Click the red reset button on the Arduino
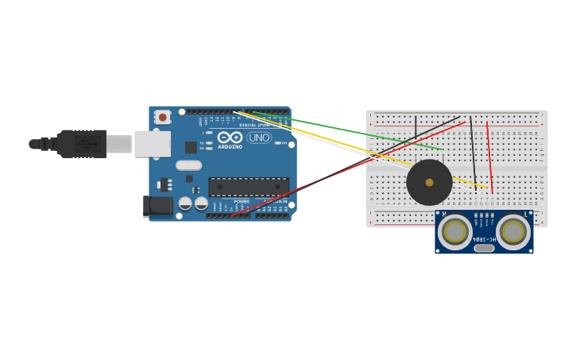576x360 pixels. [163, 117]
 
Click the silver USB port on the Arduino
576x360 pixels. [153, 144]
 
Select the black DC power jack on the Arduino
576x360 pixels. [157, 206]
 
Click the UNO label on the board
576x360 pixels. [259, 137]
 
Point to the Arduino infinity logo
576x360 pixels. [230, 137]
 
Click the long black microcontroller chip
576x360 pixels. [248, 187]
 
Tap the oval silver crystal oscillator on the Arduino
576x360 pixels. [188, 165]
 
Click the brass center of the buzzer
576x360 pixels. [429, 183]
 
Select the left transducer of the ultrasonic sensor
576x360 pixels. [454, 232]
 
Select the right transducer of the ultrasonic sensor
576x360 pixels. [513, 232]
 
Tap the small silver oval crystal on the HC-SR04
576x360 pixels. [484, 248]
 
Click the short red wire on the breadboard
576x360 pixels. [489, 157]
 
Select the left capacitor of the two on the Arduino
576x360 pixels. [185, 203]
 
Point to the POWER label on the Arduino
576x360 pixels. [242, 201]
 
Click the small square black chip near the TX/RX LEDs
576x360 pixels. [191, 147]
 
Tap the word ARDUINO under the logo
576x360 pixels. [230, 147]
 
